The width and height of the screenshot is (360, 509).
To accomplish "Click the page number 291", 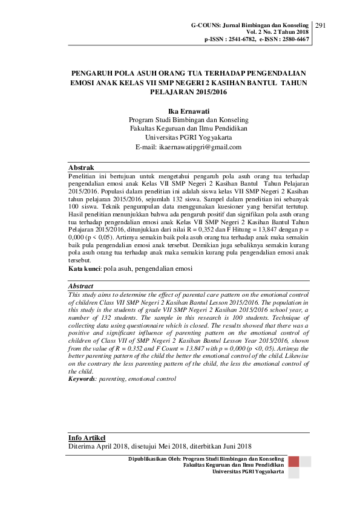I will tap(321, 25).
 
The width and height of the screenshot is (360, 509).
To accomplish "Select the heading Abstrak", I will tap(81, 166).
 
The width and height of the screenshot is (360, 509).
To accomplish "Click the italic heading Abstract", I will tap(81, 287).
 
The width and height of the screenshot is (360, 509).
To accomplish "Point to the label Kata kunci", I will tap(84, 267).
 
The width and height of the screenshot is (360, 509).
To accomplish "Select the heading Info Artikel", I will tap(87, 437).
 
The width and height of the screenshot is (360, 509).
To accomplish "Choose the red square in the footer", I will tap(294, 462).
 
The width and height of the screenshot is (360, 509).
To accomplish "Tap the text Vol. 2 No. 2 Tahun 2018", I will tap(278, 31).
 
